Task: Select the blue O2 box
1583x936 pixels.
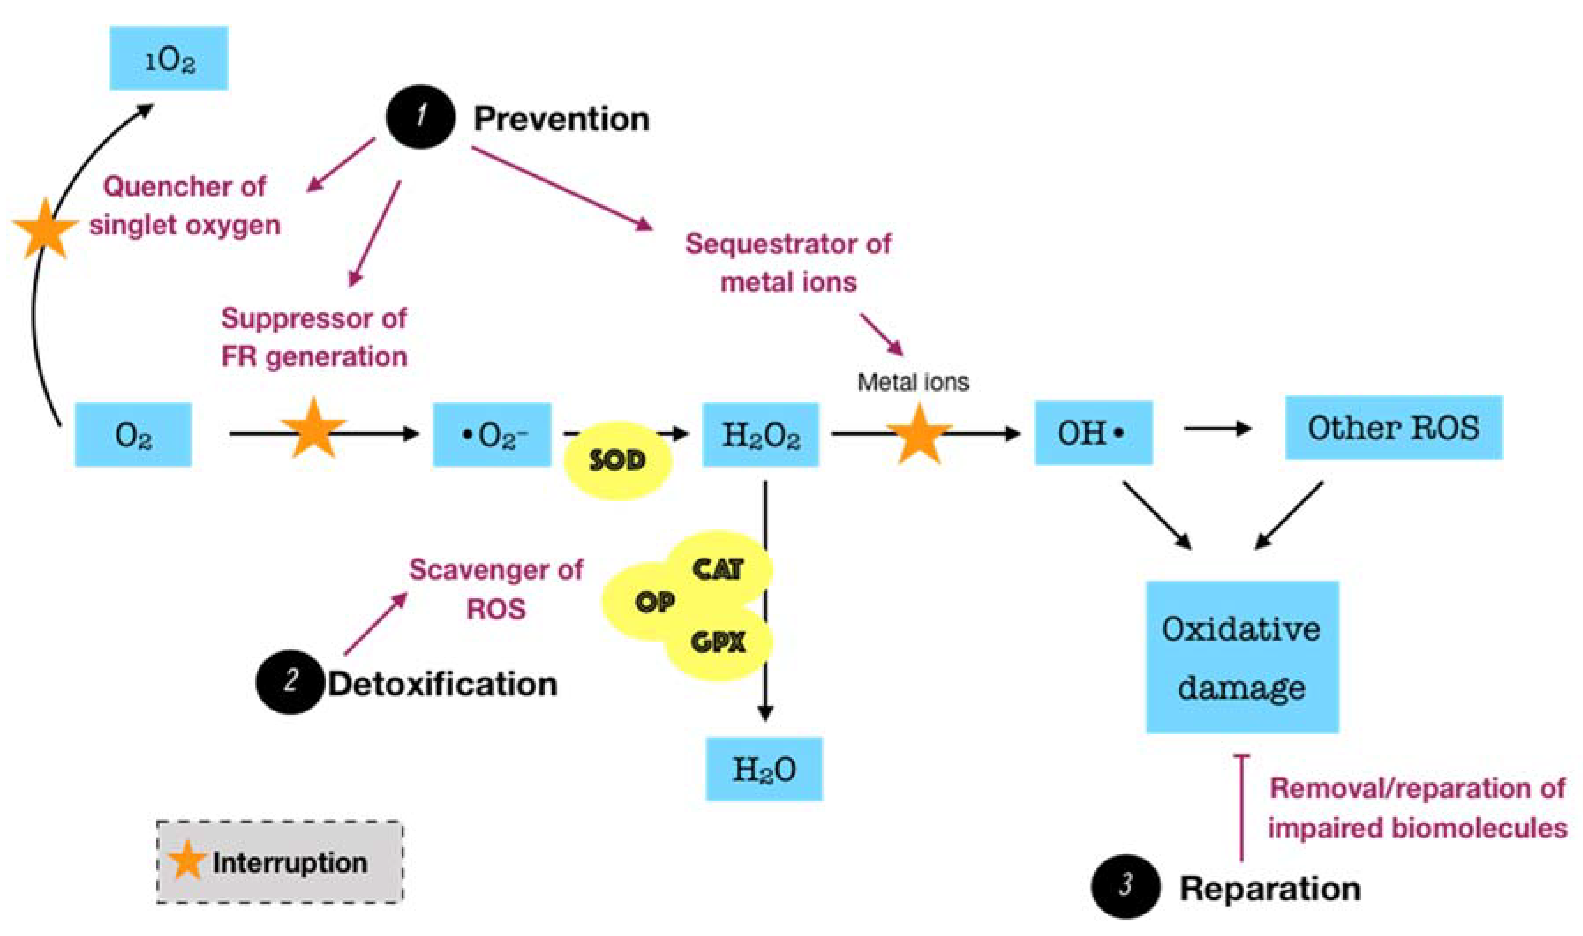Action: click(133, 434)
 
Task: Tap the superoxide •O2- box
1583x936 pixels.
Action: click(492, 434)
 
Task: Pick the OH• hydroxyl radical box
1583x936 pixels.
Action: click(1093, 433)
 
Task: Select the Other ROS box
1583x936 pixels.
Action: click(1393, 428)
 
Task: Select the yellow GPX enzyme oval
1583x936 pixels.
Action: click(717, 643)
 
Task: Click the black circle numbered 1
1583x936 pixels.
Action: click(420, 117)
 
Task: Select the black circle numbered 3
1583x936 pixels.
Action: click(1125, 886)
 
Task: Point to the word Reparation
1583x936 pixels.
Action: click(1269, 889)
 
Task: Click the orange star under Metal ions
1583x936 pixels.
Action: click(919, 434)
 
